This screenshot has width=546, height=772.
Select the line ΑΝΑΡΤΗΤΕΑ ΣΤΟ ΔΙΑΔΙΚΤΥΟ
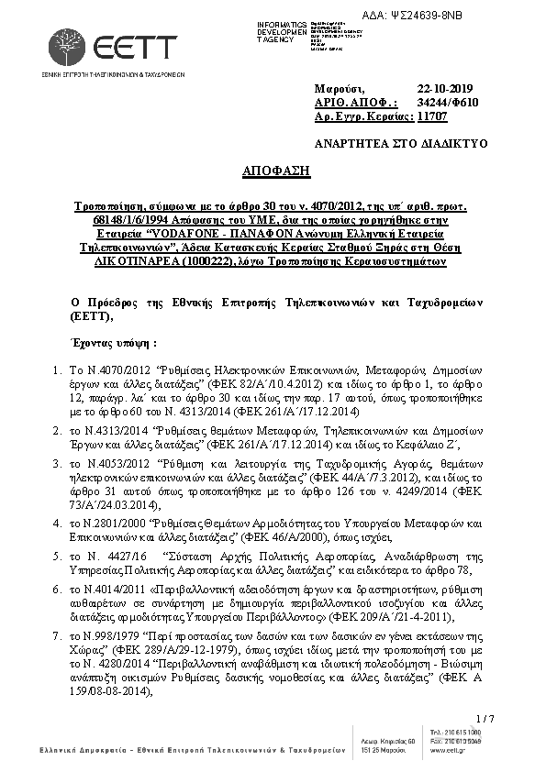coord(401,144)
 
